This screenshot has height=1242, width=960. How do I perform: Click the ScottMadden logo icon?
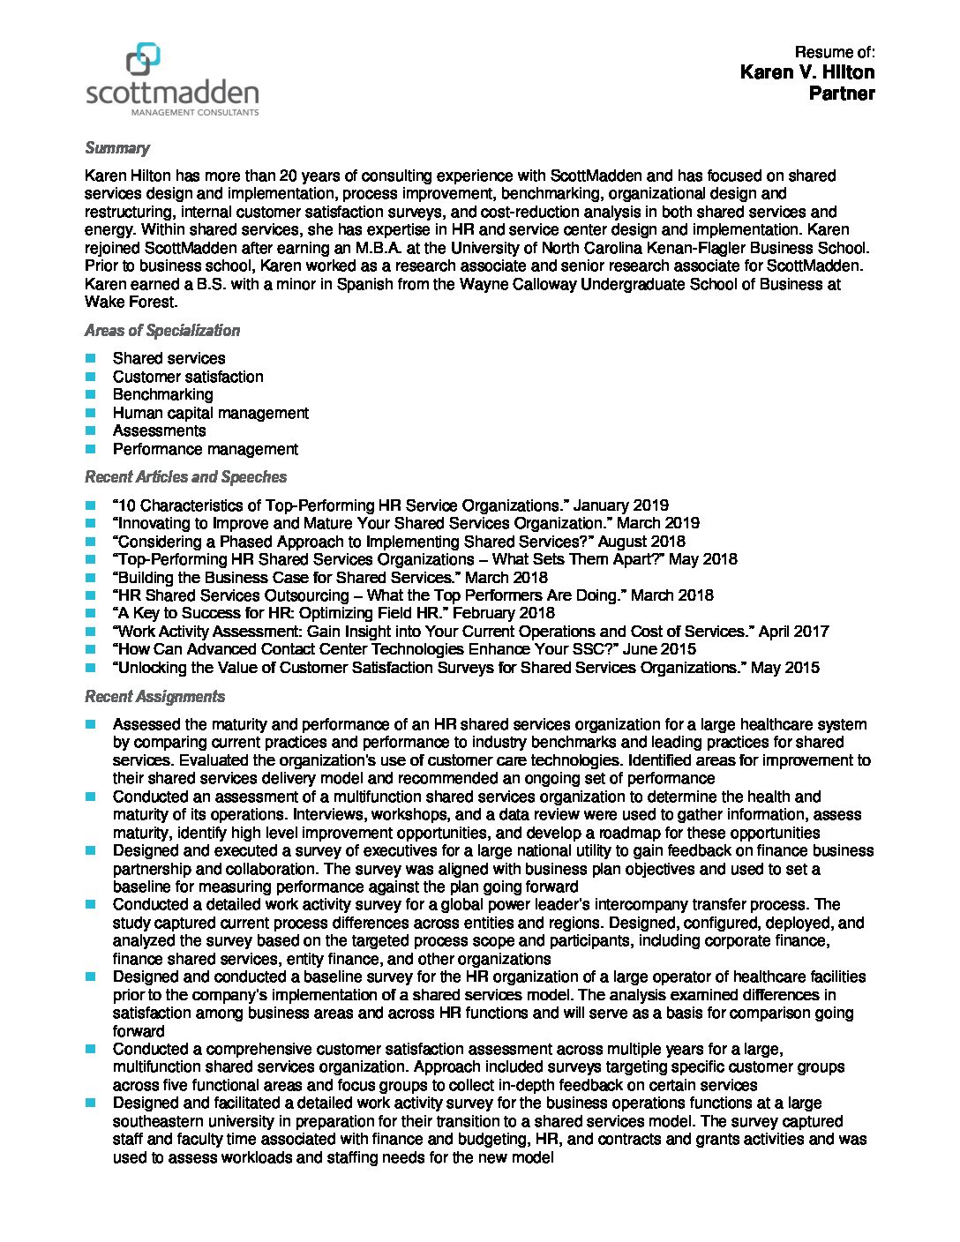[142, 60]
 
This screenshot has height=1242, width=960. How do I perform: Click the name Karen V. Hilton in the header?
[807, 72]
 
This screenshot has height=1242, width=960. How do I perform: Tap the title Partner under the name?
[842, 94]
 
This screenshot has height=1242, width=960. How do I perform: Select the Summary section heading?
[117, 148]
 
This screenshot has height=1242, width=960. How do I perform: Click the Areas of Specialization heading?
[162, 331]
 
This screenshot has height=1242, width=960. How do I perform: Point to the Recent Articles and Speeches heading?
[185, 477]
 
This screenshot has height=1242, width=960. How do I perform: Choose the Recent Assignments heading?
[154, 697]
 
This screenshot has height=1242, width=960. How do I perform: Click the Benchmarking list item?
[162, 394]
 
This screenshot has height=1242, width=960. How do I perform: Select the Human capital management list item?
[210, 413]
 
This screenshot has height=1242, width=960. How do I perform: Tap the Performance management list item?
[205, 449]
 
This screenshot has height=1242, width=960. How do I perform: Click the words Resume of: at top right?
[835, 52]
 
